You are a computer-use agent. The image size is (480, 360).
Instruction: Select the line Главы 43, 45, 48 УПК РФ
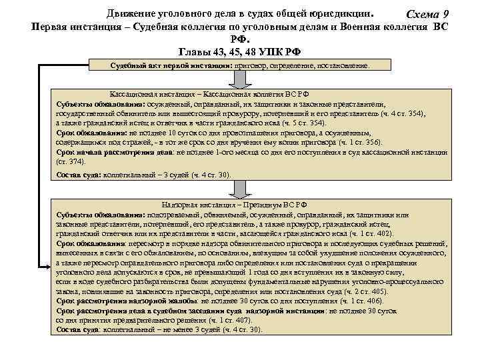[x=241, y=52]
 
